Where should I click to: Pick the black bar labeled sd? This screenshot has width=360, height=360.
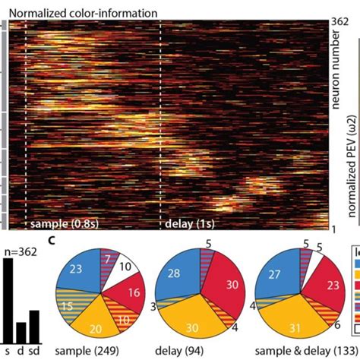34,327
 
